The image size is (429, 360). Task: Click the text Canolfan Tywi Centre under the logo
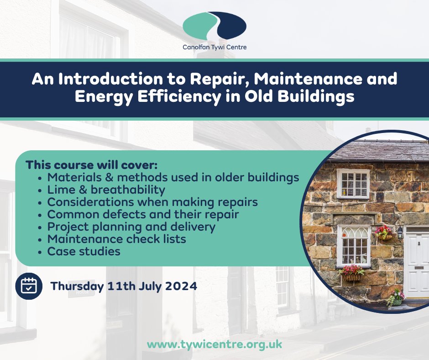pyautogui.click(x=214, y=47)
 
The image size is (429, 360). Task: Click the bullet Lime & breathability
pyautogui.click(x=106, y=190)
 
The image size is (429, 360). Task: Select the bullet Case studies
pyautogui.click(x=84, y=251)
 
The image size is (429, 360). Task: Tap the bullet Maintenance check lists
pyautogui.click(x=116, y=239)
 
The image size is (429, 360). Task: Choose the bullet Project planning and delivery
pyautogui.click(x=131, y=227)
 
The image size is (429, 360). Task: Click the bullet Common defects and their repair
pyautogui.click(x=143, y=214)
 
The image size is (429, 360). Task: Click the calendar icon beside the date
pyautogui.click(x=28, y=286)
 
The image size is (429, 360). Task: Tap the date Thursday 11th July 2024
pyautogui.click(x=124, y=286)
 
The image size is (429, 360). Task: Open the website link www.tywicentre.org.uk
pyautogui.click(x=214, y=344)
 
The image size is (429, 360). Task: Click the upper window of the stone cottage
pyautogui.click(x=352, y=183)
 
